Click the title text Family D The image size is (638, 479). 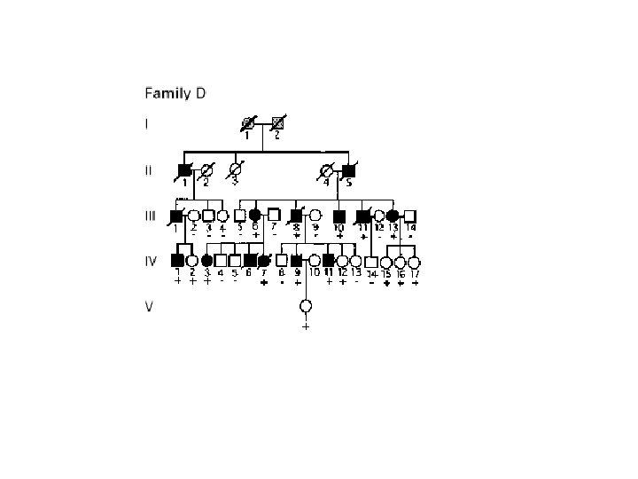tap(174, 92)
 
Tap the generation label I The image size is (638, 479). tap(145, 123)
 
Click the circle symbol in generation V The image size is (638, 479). tap(306, 306)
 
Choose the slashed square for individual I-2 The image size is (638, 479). tap(276, 124)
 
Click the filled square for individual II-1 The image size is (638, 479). tap(183, 169)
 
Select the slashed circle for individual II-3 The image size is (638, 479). tap(235, 169)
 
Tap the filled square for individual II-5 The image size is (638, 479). tap(349, 169)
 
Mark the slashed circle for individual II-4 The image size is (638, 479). tap(326, 169)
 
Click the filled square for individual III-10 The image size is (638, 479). tap(338, 216)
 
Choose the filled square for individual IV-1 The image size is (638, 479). tap(176, 261)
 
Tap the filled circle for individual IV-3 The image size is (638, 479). tap(206, 261)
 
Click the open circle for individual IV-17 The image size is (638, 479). tap(414, 262)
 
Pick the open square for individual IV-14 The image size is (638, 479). tap(371, 262)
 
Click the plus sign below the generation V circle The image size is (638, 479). tap(306, 326)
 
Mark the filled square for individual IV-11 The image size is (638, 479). tap(329, 261)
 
